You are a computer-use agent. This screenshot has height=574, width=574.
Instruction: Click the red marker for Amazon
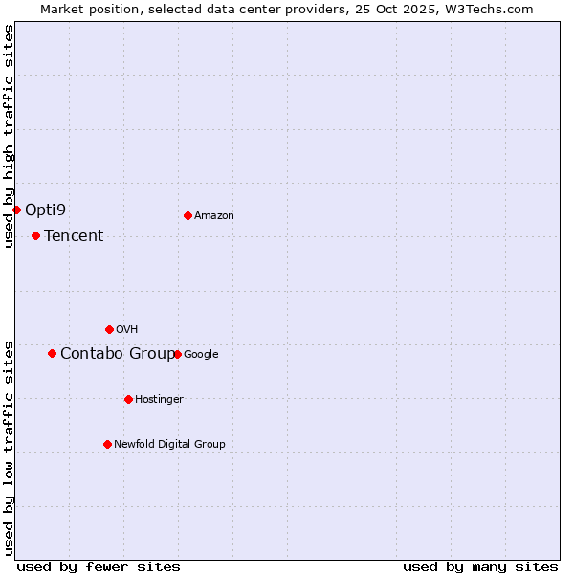tap(188, 215)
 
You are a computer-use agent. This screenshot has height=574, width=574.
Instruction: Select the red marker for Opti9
tap(16, 210)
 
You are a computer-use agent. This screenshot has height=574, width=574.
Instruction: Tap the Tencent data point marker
tap(35, 235)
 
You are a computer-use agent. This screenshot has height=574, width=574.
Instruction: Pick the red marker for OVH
tap(109, 329)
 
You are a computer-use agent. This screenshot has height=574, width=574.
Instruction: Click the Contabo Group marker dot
tap(52, 353)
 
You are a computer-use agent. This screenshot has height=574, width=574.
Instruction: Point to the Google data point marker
tap(177, 354)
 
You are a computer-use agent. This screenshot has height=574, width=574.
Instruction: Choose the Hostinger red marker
tap(128, 399)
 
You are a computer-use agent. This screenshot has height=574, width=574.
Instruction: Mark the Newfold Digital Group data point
tap(107, 444)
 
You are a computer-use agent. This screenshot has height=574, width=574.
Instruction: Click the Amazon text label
tap(214, 215)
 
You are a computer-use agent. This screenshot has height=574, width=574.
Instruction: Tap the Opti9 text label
tap(45, 210)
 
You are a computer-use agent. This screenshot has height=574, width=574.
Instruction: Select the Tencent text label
tap(74, 235)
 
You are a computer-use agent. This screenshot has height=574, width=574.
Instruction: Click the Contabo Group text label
tap(118, 353)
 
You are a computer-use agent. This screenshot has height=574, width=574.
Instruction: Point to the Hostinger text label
tap(159, 399)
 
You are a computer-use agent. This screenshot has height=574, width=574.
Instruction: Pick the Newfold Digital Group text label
tap(169, 444)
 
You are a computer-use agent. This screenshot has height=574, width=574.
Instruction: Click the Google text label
tap(201, 354)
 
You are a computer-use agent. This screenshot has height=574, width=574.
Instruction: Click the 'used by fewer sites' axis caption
tap(99, 566)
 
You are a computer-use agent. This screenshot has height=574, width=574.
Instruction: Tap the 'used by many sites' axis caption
tap(480, 566)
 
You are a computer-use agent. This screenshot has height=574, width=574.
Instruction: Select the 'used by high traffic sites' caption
tap(9, 136)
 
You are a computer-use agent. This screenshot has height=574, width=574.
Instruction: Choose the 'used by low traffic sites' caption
tap(9, 448)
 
